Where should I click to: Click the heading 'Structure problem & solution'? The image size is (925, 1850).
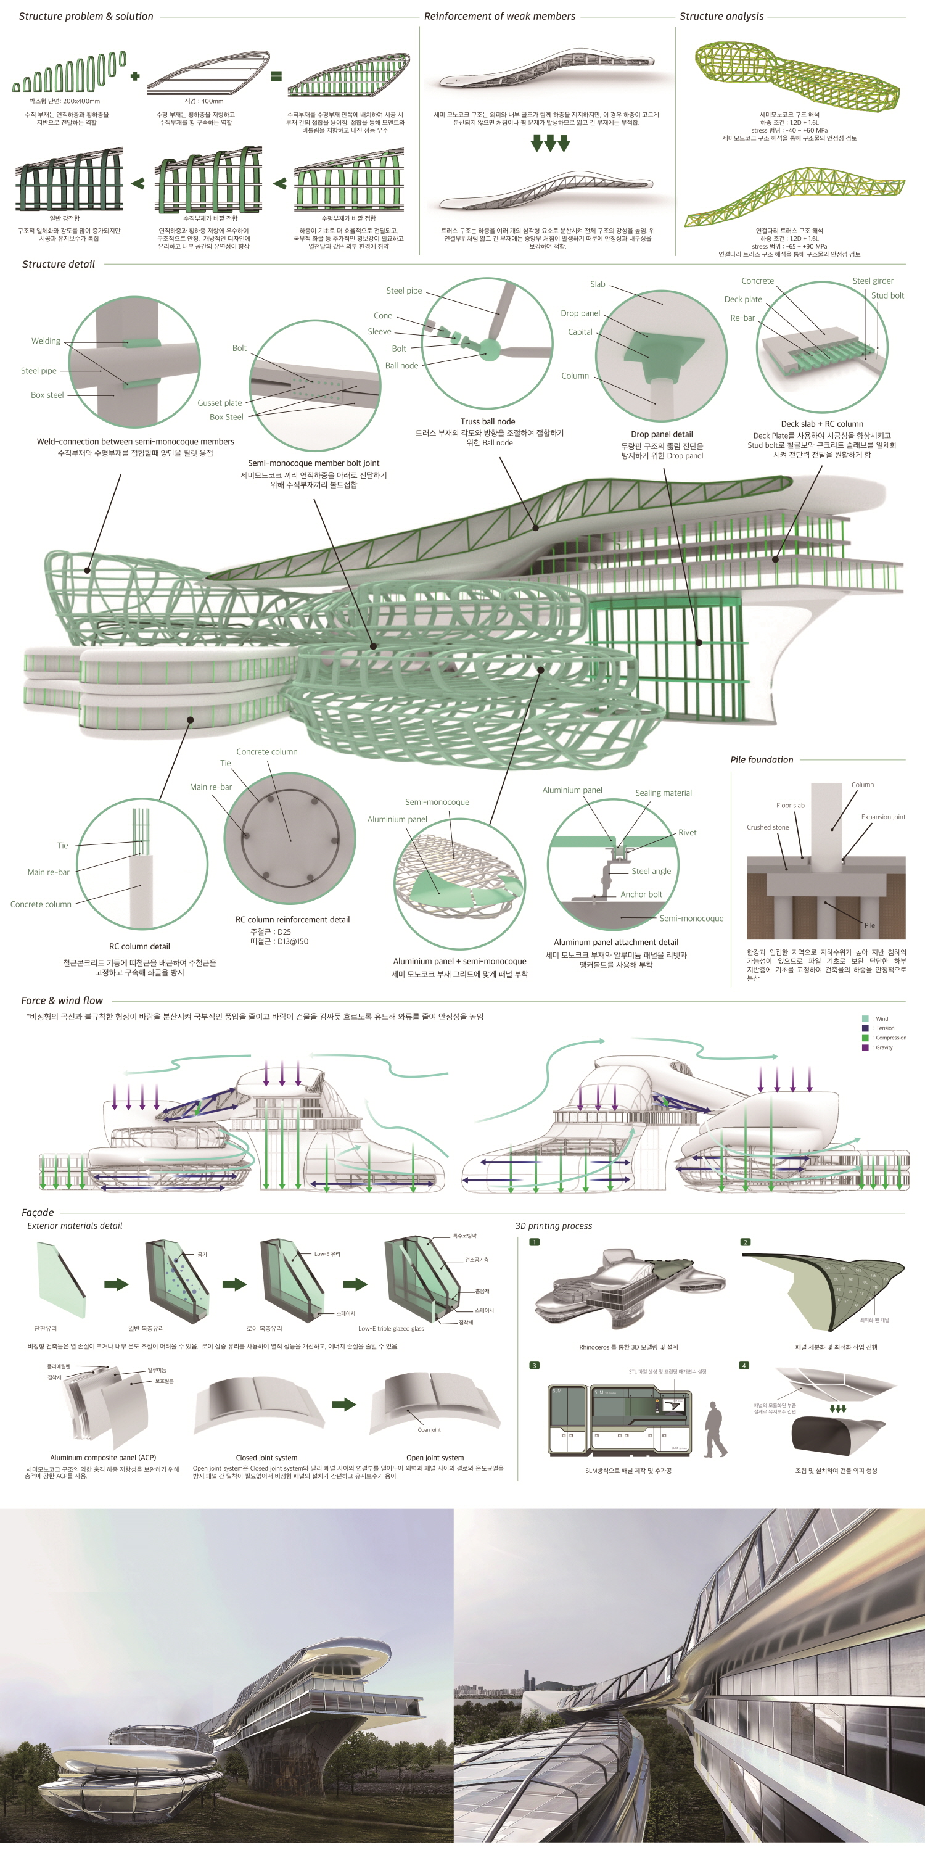tap(86, 16)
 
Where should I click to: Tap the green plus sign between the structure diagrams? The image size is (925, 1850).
tap(135, 75)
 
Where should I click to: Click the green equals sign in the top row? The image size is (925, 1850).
tap(276, 75)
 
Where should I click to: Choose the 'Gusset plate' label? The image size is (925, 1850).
tap(220, 403)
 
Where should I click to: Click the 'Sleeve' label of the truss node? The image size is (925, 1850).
tap(379, 332)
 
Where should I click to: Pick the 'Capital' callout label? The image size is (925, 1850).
tap(580, 332)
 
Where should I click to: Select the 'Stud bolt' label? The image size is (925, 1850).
tap(887, 295)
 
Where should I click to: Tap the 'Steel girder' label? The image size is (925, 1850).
tap(873, 281)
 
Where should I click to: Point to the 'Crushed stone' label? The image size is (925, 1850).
tap(767, 827)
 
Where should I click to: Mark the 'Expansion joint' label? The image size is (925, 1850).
tap(882, 817)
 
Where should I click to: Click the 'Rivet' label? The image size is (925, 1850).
tap(688, 833)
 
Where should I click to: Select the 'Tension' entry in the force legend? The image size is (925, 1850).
tap(885, 1028)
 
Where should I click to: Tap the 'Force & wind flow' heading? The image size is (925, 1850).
tap(62, 1001)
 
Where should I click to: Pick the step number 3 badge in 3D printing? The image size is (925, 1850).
tap(534, 1365)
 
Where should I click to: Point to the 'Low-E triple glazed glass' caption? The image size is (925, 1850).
tap(391, 1329)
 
